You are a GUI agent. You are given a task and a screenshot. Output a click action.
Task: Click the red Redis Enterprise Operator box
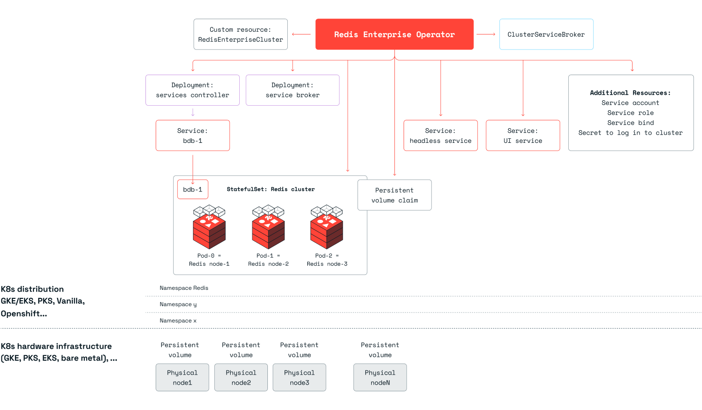394,34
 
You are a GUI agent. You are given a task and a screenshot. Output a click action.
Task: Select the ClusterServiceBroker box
546,34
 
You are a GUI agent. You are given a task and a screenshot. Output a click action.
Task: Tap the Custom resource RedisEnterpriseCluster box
240,34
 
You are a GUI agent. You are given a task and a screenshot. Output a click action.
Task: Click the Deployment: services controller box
192,90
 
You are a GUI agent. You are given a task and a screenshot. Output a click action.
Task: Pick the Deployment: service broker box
292,90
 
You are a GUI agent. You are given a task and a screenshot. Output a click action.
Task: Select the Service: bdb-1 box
193,136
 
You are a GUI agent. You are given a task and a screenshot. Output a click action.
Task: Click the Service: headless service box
441,136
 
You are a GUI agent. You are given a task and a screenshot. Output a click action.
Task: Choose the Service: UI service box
523,136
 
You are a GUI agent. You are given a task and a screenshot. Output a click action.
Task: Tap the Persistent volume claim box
394,195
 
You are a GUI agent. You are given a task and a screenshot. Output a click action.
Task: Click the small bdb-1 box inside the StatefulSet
193,190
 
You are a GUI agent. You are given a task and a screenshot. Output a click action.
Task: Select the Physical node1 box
182,377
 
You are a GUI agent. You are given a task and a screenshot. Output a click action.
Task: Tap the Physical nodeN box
380,377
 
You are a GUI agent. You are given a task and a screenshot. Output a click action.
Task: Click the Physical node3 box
299,377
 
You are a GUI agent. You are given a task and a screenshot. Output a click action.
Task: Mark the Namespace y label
178,304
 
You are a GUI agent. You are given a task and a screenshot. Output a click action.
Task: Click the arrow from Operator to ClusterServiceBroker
486,34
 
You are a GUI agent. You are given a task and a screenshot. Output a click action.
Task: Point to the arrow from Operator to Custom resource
301,34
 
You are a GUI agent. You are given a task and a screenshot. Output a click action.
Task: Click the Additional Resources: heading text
630,93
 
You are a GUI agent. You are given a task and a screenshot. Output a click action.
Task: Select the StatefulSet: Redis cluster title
271,189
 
